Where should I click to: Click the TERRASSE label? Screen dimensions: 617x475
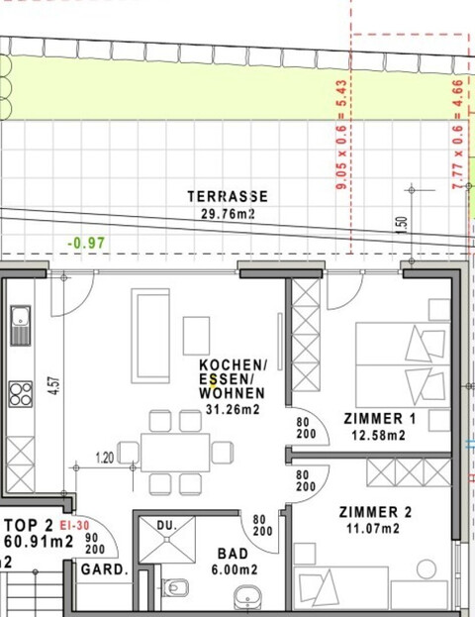click(228, 196)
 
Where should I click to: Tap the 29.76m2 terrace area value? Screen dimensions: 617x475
click(228, 212)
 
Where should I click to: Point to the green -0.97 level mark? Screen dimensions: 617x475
click(86, 243)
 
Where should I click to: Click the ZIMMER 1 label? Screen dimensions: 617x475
click(379, 419)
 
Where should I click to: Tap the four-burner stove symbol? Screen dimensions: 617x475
click(20, 394)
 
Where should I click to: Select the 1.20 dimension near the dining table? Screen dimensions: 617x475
click(105, 458)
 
